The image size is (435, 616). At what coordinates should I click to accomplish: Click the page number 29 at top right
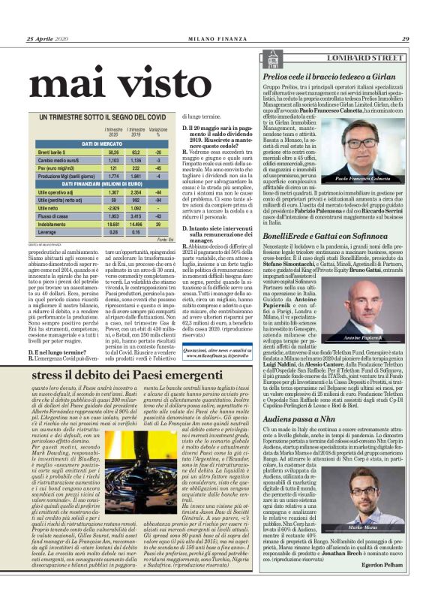(405, 39)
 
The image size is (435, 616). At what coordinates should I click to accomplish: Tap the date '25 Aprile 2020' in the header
(46, 39)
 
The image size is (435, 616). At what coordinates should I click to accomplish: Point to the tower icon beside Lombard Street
(271, 56)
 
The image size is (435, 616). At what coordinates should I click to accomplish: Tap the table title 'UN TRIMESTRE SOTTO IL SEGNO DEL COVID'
(97, 118)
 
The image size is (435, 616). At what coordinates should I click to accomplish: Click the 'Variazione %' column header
(157, 131)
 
